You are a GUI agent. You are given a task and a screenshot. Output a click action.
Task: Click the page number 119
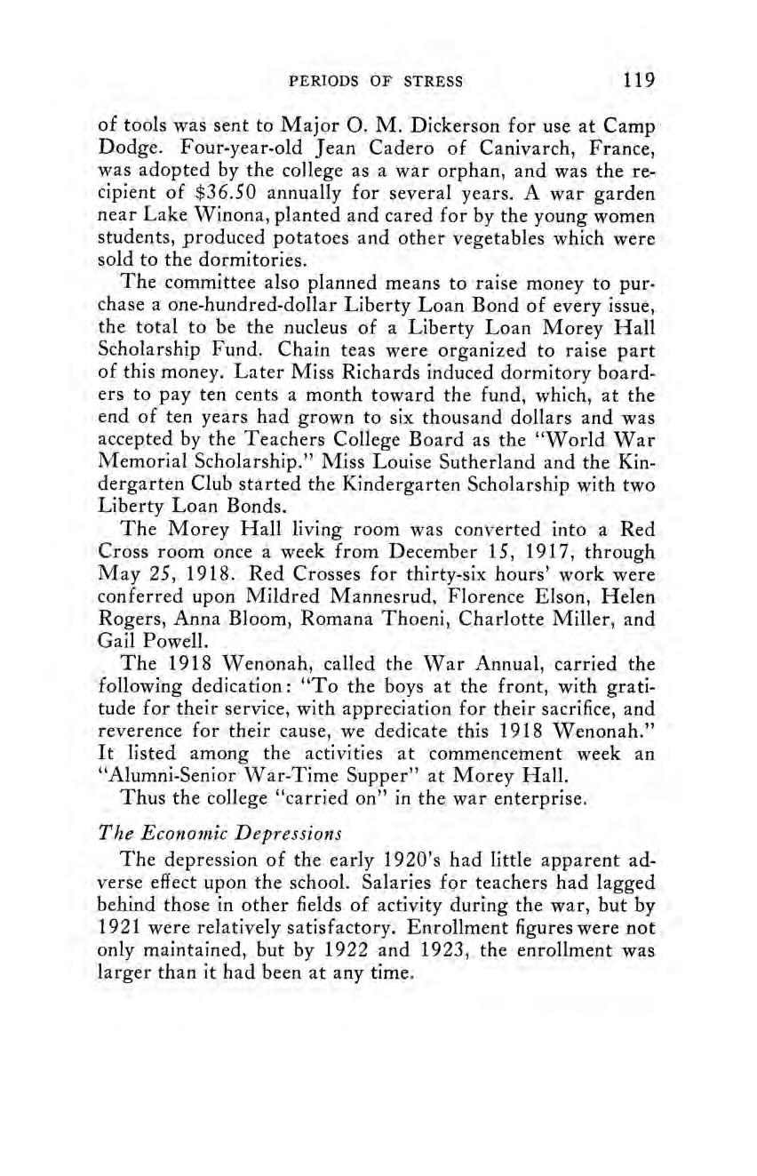(639, 80)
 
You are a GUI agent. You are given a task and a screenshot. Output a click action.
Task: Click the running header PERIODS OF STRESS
(377, 82)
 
